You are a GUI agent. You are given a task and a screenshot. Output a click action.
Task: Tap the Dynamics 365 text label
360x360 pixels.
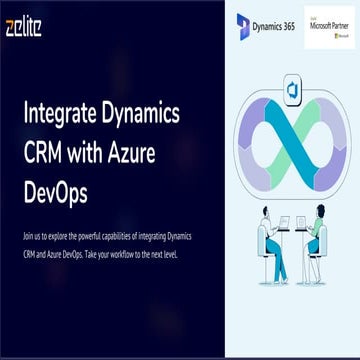(278, 25)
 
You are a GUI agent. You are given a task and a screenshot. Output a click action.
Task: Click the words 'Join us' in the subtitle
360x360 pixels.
(30, 237)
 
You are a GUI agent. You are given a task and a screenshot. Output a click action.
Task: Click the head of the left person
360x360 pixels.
(265, 213)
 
